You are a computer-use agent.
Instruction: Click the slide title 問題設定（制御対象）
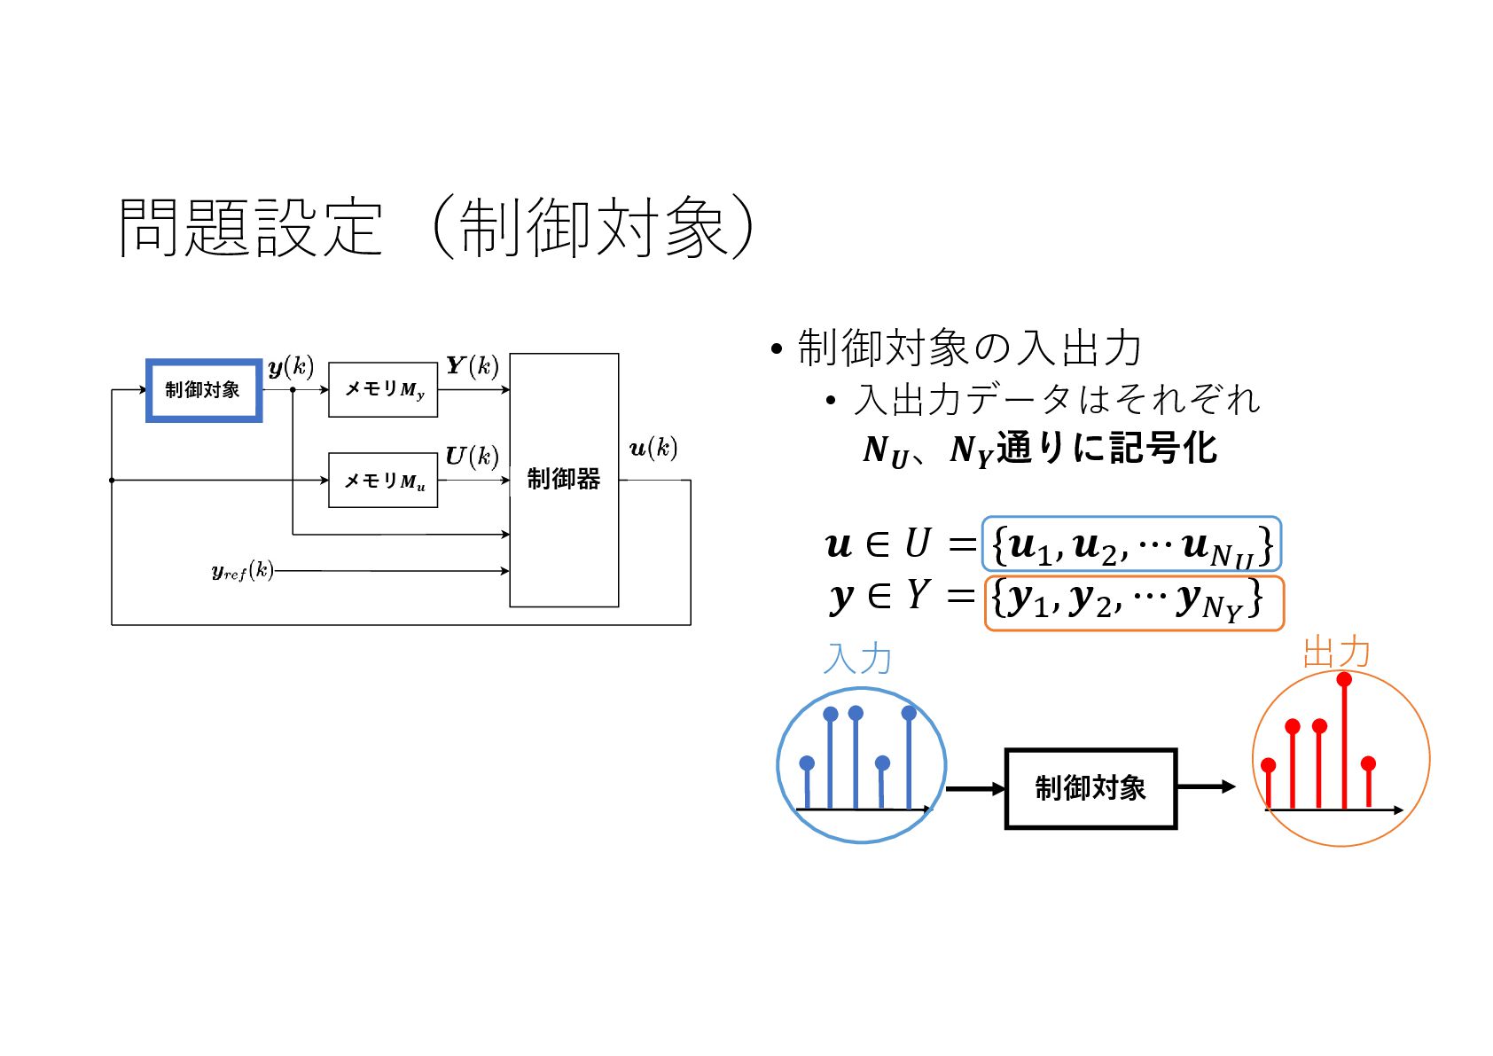[436, 227]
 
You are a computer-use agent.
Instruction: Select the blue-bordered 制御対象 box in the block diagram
[204, 390]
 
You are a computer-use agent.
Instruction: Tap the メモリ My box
[383, 389]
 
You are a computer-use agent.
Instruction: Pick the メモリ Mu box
[383, 481]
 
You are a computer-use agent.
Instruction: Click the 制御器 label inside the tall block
[563, 480]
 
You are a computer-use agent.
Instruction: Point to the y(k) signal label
[290, 366]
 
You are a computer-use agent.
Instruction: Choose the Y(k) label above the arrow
[472, 365]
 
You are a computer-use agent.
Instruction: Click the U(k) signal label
[472, 456]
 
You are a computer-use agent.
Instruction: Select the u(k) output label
[653, 448]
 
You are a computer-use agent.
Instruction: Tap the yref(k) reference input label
[242, 571]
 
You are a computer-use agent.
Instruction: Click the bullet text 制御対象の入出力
[968, 348]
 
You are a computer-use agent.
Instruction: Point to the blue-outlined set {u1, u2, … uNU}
[1131, 544]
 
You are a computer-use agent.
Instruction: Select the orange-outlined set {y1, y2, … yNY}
[1133, 603]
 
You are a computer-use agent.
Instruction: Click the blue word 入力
[856, 659]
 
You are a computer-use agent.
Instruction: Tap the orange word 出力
[1336, 653]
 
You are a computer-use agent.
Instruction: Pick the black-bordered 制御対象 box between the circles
[1090, 788]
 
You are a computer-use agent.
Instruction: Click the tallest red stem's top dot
[1344, 680]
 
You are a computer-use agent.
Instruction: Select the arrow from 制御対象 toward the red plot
[1206, 786]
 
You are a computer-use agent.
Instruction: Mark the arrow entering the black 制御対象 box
[975, 788]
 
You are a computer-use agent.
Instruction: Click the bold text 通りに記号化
[1106, 448]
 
